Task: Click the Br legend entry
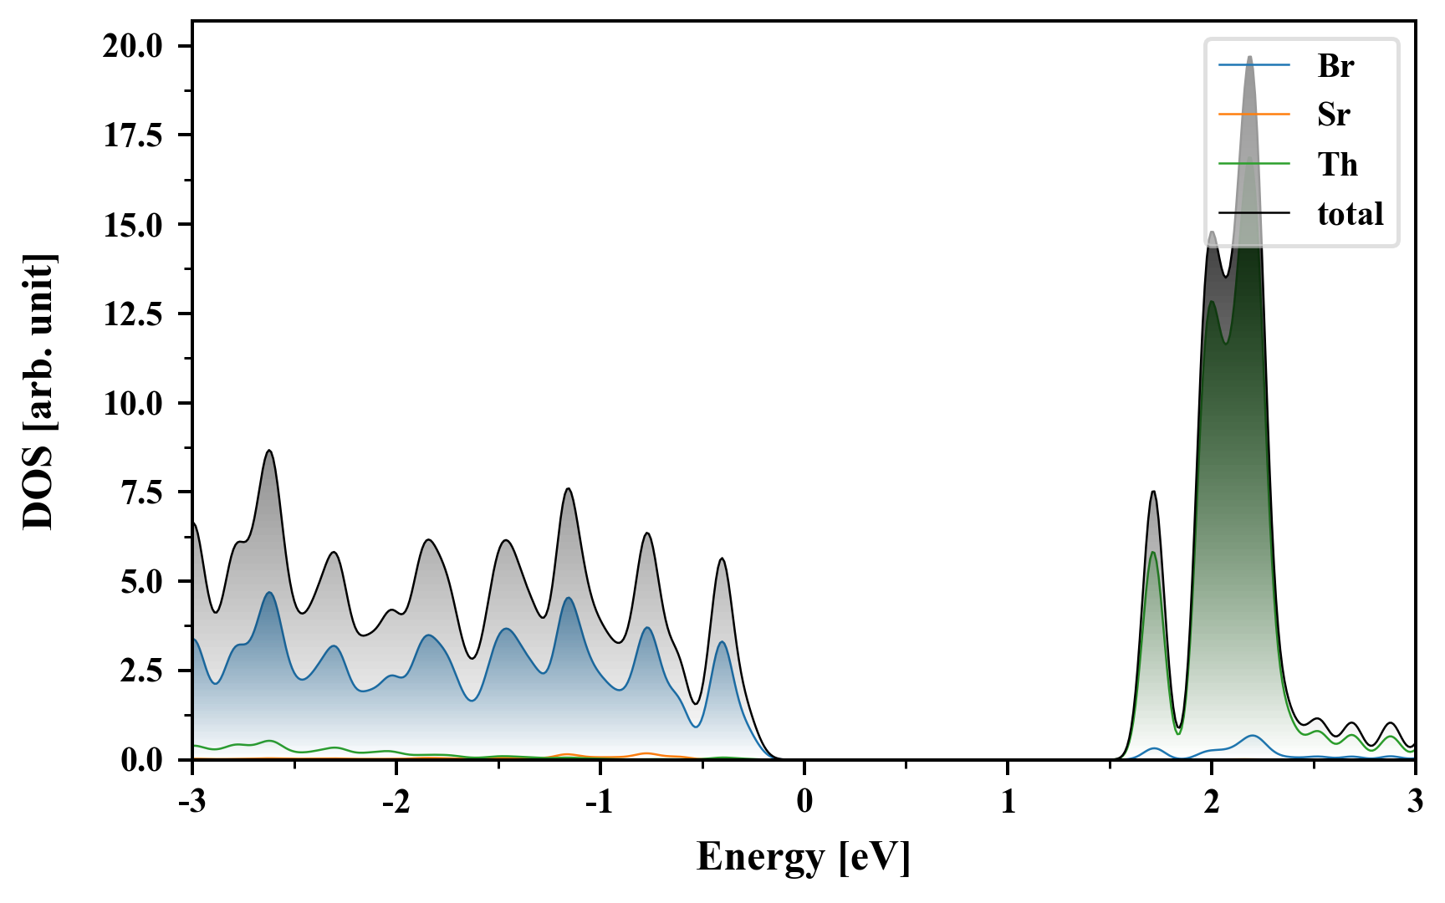click(1335, 65)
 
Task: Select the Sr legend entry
click(1334, 115)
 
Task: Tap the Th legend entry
click(1337, 165)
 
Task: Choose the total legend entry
click(1350, 214)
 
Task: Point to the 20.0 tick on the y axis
click(133, 46)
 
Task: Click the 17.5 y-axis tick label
click(133, 135)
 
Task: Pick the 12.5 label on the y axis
click(133, 314)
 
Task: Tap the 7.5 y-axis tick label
click(141, 492)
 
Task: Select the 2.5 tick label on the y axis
click(141, 671)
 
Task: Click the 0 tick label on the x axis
click(804, 802)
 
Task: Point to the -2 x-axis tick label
click(396, 802)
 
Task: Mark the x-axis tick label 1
click(1008, 802)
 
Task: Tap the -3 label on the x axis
click(192, 802)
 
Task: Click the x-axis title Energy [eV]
click(804, 857)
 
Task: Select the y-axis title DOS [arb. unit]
click(38, 391)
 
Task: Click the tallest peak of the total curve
click(1249, 57)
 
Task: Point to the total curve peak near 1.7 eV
click(1153, 492)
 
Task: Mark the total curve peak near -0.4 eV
click(722, 559)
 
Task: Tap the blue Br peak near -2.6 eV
click(269, 593)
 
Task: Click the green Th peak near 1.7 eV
click(1153, 553)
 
